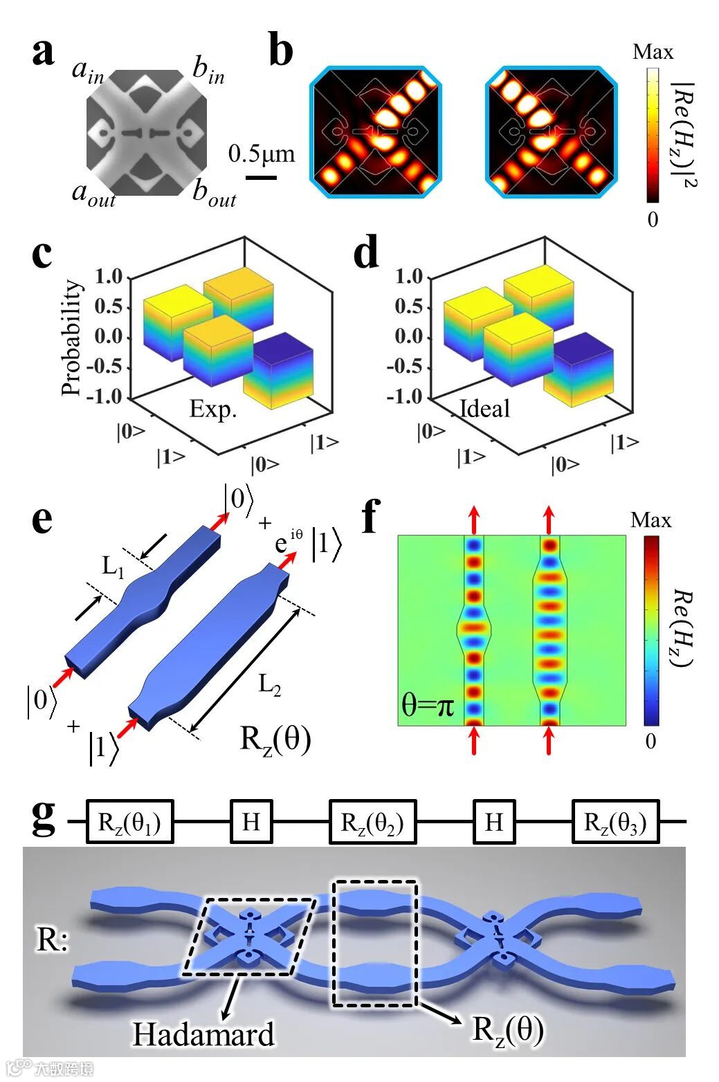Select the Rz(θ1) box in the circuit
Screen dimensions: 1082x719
pos(129,822)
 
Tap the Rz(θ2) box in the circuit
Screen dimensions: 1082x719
pos(372,822)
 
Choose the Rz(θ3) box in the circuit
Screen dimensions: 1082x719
pos(615,822)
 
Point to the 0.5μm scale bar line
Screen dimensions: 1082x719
pos(261,178)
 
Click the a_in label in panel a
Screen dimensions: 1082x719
pos(88,71)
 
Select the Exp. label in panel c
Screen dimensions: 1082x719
pos(213,410)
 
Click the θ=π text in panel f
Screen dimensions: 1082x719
pos(428,706)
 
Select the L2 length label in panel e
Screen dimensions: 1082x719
pos(270,685)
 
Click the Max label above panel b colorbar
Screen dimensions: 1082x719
pos(652,53)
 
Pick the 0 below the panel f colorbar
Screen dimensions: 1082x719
pos(650,742)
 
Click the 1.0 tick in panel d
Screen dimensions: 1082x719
pos(408,277)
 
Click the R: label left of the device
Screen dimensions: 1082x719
pos(52,940)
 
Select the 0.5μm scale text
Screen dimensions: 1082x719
pos(262,154)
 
